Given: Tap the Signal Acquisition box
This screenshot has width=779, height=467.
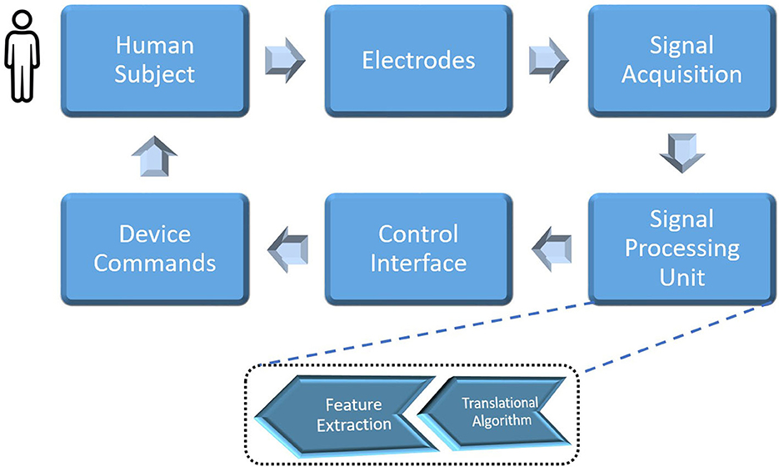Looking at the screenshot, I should tap(682, 60).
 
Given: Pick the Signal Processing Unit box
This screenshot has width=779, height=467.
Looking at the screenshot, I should tap(682, 248).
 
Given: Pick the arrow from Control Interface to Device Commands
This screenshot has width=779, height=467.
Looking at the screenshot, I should tap(287, 248).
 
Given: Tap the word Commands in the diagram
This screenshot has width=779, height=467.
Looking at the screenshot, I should tap(155, 263).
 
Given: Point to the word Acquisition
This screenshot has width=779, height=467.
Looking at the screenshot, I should tap(682, 74).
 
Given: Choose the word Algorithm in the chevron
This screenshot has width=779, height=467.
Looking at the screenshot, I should tap(498, 420).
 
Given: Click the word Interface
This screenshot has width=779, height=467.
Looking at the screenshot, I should tap(418, 263).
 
